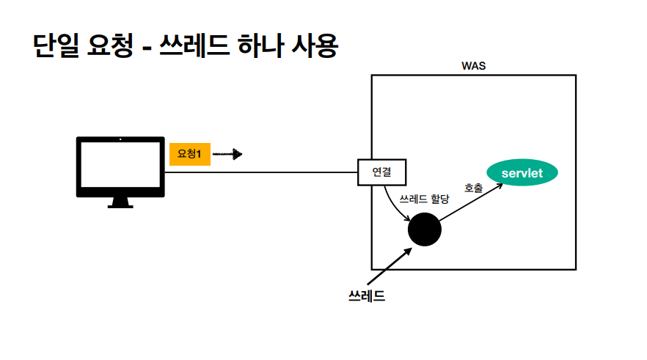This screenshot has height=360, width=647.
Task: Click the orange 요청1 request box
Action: pos(190,154)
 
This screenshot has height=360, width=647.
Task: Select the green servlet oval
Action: pos(522,173)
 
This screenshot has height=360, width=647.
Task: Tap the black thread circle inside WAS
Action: pos(424,229)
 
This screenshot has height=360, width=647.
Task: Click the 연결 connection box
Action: pos(381,173)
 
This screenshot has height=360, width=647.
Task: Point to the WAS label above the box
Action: pos(473,66)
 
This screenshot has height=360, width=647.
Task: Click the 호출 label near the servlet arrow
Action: pos(473,188)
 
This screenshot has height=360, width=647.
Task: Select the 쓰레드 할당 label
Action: pos(423,199)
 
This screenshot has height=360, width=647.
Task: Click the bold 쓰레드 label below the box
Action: pos(366,297)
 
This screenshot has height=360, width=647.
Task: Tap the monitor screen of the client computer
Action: pos(120,165)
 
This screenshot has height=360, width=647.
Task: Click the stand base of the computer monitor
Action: pos(120,205)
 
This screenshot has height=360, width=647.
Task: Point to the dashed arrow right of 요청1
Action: pos(227,154)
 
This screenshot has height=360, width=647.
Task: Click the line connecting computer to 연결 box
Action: pos(260,173)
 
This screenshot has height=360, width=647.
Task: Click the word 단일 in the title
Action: pos(59,46)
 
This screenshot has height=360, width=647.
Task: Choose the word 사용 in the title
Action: pos(317,46)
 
